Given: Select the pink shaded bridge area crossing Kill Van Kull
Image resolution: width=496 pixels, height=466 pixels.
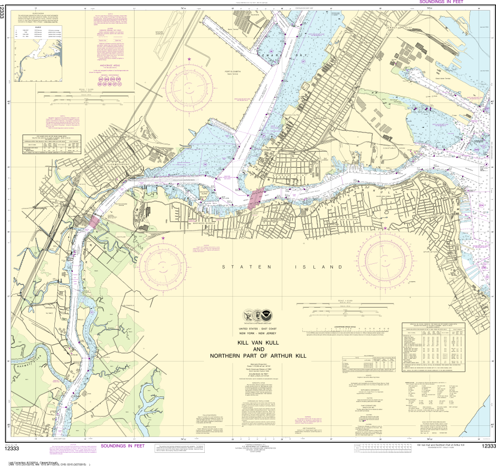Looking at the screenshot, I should point(256,198).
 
